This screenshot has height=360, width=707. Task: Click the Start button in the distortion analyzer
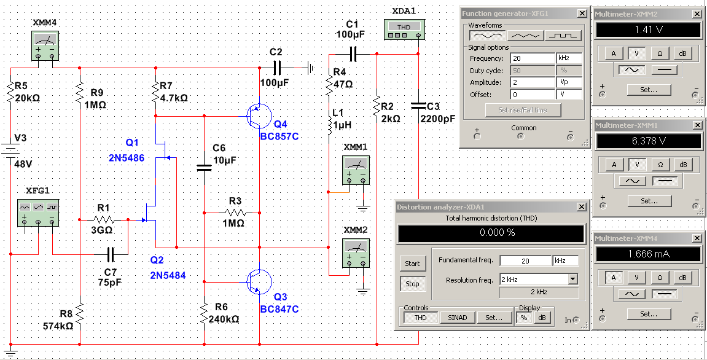pyautogui.click(x=412, y=264)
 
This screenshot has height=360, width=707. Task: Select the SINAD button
pyautogui.click(x=458, y=318)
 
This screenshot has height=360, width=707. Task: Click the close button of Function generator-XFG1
pyautogui.click(x=582, y=14)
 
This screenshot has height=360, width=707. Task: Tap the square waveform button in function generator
pyautogui.click(x=563, y=35)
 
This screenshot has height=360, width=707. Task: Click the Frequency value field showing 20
pyautogui.click(x=533, y=58)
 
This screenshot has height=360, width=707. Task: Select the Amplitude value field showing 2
pyautogui.click(x=533, y=82)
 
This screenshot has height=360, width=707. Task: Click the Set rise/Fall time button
pyautogui.click(x=523, y=109)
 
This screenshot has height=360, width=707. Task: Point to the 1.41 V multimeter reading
pyautogui.click(x=649, y=30)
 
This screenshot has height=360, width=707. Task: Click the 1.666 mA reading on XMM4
pyautogui.click(x=649, y=254)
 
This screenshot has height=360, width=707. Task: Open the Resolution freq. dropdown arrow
pyautogui.click(x=572, y=280)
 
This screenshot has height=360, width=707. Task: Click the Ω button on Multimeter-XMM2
pyautogui.click(x=660, y=53)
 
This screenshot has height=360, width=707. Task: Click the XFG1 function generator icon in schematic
pyautogui.click(x=38, y=212)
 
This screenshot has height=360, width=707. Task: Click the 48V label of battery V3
pyautogui.click(x=22, y=163)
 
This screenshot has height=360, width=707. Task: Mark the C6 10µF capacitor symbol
pyautogui.click(x=205, y=167)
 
